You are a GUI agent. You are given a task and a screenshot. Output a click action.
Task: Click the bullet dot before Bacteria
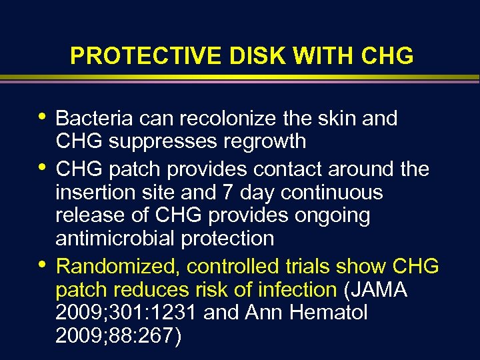point(42,117)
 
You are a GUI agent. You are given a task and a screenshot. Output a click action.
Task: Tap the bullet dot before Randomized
point(42,265)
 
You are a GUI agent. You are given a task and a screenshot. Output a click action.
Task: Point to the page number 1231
point(172,313)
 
